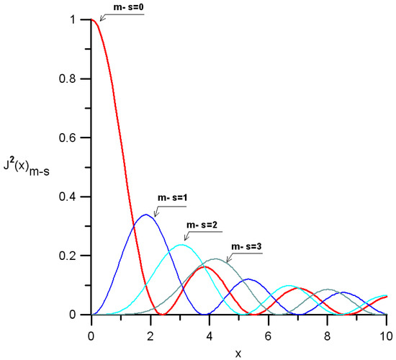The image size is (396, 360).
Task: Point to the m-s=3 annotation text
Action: (x=246, y=247)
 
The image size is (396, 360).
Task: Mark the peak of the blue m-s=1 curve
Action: (x=145, y=215)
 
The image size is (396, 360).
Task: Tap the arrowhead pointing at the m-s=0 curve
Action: (x=102, y=19)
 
